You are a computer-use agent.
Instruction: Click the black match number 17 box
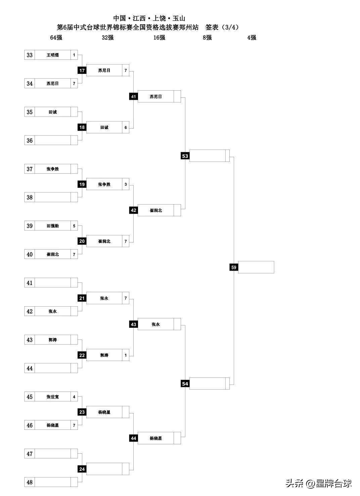tap(82, 71)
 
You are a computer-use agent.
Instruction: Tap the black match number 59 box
tap(234, 267)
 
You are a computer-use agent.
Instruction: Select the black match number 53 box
tap(185, 156)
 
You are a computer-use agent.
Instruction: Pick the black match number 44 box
tap(134, 438)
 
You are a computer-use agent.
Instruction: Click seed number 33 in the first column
tap(30, 55)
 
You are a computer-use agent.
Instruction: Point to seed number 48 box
tap(30, 482)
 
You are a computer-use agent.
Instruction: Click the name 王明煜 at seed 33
tap(53, 55)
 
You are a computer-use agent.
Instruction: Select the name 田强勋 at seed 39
tap(53, 226)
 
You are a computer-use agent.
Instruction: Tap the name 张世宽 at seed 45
tap(53, 397)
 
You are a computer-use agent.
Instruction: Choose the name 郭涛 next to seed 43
tap(53, 340)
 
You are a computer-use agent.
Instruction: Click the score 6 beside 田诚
tap(126, 128)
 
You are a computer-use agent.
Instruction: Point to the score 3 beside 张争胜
tap(126, 184)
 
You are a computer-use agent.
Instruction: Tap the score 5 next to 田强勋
tap(74, 226)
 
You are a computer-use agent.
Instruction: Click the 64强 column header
tap(56, 38)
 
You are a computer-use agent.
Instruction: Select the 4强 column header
tap(252, 38)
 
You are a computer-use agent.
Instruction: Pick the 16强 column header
tap(159, 38)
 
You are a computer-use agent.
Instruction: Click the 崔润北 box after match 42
tap(156, 211)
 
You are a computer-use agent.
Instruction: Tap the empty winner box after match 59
tap(256, 267)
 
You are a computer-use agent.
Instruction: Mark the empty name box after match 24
tap(104, 469)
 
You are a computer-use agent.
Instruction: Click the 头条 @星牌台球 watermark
tap(318, 484)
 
